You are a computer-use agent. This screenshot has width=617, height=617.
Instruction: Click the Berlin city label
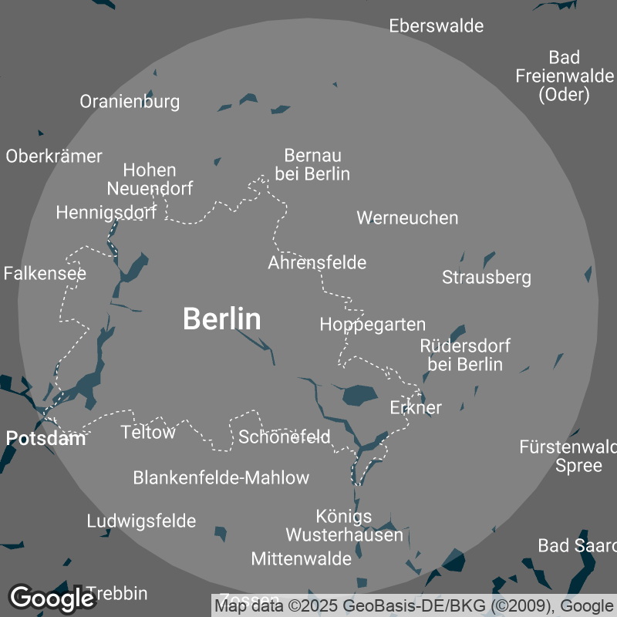(221, 319)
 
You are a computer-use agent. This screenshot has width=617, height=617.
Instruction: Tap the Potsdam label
(46, 439)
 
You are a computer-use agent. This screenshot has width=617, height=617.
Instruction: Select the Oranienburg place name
(130, 101)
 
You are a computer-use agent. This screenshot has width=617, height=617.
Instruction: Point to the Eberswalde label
(436, 25)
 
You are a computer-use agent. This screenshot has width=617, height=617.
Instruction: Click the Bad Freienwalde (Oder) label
(564, 76)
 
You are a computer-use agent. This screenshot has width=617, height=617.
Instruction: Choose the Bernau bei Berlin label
(312, 164)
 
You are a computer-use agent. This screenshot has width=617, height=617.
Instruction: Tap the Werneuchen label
(407, 217)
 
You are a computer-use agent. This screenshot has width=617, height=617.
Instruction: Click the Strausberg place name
(486, 277)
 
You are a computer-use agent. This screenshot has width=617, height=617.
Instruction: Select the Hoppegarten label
(373, 324)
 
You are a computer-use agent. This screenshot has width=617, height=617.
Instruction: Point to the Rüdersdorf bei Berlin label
(465, 355)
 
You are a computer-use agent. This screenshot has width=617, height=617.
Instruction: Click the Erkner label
(416, 407)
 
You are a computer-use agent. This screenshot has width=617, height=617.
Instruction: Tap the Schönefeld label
(284, 437)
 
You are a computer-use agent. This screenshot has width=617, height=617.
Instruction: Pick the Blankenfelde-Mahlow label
(221, 477)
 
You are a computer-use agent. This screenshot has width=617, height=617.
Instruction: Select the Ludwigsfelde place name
(141, 521)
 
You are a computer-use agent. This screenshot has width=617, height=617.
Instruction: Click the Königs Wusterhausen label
(344, 525)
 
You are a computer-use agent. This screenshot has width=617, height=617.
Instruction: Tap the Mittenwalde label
(301, 558)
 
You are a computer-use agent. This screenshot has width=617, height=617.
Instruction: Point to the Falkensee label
(45, 273)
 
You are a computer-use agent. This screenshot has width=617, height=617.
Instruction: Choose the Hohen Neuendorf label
(150, 179)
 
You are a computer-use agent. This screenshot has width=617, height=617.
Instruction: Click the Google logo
(52, 597)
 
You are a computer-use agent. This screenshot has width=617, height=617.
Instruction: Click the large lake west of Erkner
(359, 395)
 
